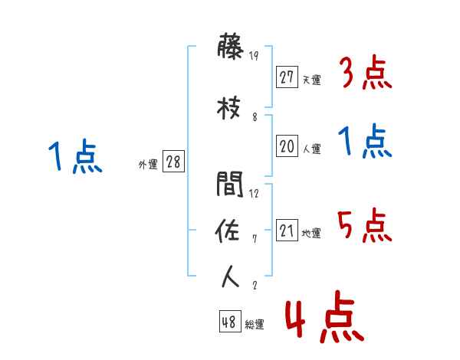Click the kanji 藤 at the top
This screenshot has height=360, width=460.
(230, 48)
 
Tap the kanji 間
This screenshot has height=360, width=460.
(230, 185)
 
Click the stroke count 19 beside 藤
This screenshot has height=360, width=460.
(255, 56)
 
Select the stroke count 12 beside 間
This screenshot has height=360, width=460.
(255, 194)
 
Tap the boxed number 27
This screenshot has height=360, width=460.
(287, 77)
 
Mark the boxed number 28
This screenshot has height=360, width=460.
(173, 162)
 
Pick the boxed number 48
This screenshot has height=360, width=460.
(229, 322)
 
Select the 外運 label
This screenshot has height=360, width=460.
(148, 165)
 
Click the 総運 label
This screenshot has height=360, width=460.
(255, 325)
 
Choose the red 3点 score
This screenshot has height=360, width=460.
(366, 73)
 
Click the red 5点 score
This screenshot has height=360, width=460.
(366, 225)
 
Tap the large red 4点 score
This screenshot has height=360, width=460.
(324, 319)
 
